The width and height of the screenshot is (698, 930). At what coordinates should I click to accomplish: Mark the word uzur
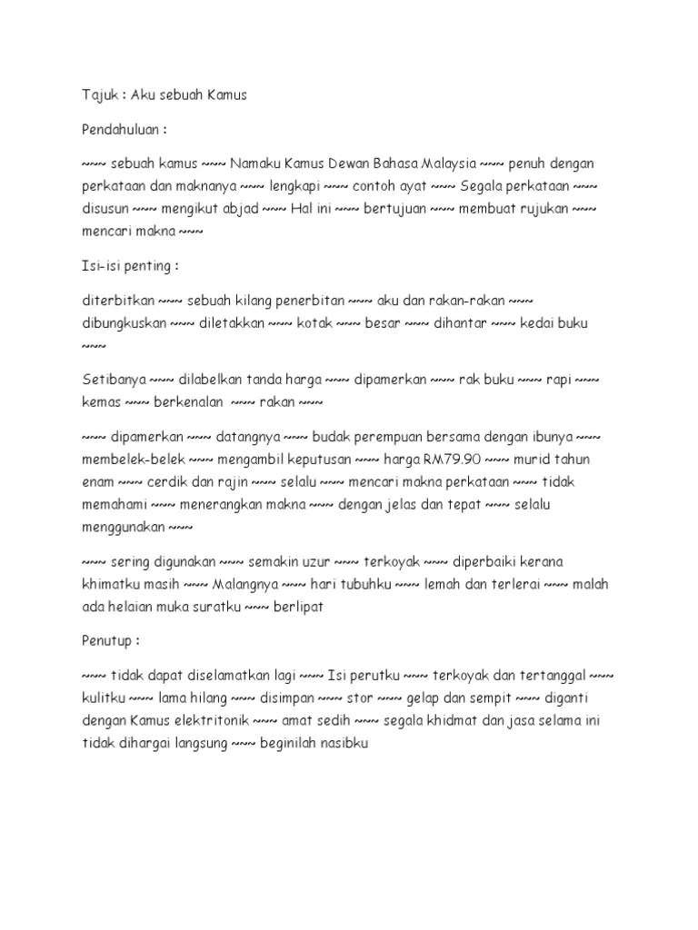point(314,562)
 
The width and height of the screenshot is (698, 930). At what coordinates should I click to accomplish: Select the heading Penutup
point(107,641)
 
